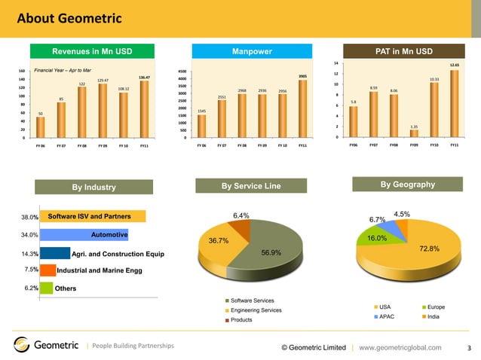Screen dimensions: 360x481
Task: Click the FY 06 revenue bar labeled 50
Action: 41,127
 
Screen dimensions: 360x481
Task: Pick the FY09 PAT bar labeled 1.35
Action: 414,133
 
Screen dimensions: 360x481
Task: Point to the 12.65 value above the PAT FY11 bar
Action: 454,66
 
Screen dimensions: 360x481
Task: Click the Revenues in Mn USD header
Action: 92,51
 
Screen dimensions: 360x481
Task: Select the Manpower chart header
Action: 251,51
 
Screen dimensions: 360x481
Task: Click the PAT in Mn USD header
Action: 403,51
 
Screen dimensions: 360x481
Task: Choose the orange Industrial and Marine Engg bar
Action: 47,270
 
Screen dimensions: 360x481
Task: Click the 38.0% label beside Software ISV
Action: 29,218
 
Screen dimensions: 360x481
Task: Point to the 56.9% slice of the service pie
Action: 270,252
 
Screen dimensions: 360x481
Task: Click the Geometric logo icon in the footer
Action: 21,346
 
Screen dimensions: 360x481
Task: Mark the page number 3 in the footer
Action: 469,347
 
